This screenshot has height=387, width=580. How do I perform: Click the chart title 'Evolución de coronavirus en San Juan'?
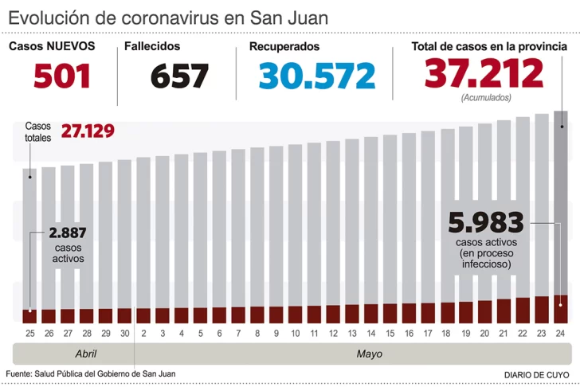[x=168, y=17]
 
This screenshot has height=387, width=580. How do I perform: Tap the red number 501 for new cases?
[x=61, y=76]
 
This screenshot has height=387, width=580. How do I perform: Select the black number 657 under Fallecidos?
[x=179, y=76]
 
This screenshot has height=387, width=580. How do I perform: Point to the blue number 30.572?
[x=316, y=76]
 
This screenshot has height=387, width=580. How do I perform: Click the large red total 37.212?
[x=484, y=74]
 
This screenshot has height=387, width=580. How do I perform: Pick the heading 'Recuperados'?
[x=284, y=47]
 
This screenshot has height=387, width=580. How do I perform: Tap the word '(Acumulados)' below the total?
[x=485, y=97]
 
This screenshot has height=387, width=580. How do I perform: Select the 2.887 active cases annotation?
[x=68, y=233]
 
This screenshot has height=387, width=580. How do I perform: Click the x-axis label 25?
[x=29, y=333]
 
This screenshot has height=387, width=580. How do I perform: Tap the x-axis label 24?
[x=561, y=333]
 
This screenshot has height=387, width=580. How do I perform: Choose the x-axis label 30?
[x=124, y=333]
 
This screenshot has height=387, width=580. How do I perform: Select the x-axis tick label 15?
[x=390, y=333]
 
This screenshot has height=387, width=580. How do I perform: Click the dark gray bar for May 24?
[x=561, y=199]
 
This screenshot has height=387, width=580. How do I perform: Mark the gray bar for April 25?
[x=29, y=239]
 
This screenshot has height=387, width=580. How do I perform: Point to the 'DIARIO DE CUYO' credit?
[x=535, y=374]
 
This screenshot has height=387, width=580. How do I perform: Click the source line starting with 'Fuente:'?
[x=90, y=373]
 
